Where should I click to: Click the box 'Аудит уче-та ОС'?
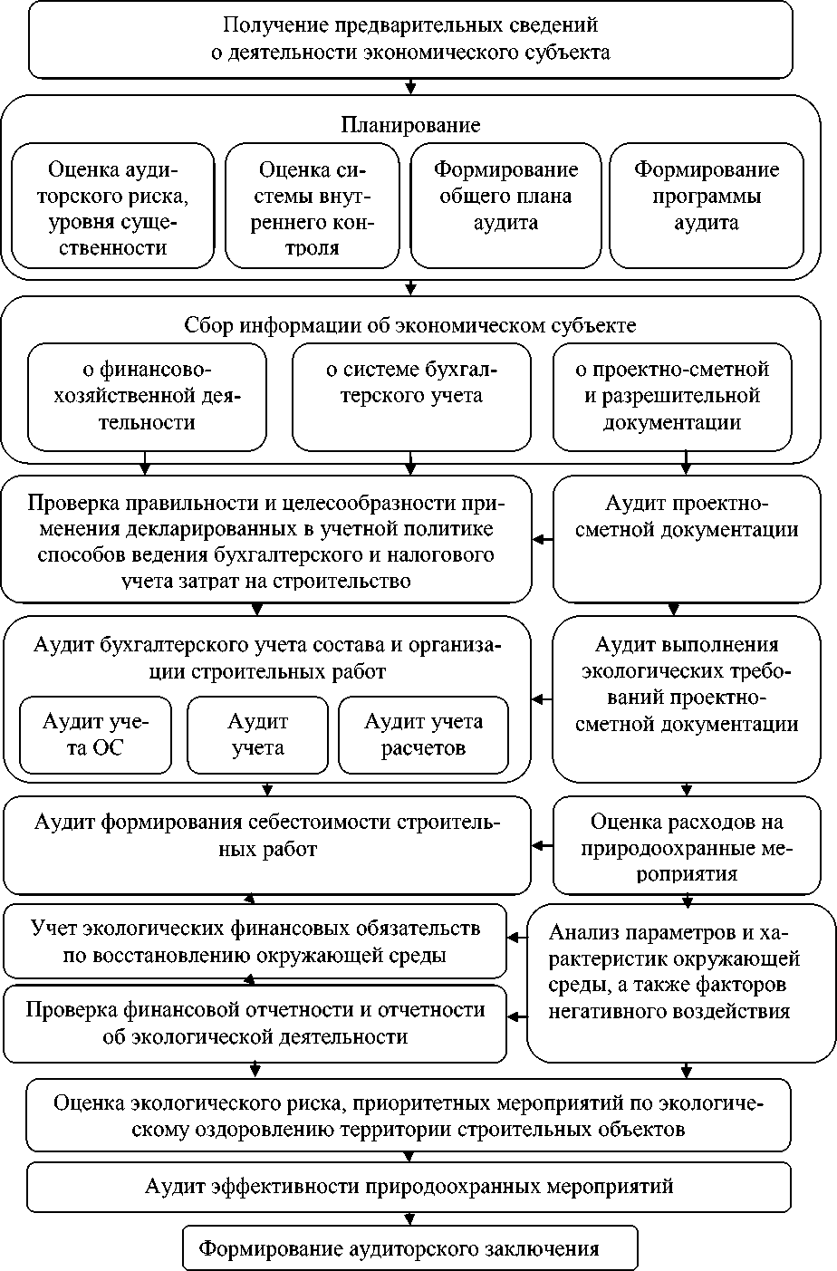(x=95, y=735)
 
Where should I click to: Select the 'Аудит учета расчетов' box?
(x=423, y=735)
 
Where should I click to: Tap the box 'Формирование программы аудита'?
(x=707, y=206)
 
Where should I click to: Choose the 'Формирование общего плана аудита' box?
(x=505, y=206)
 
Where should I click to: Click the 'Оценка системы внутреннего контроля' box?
(x=312, y=206)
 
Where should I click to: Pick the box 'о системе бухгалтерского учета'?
(x=411, y=396)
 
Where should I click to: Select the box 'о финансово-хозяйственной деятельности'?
(x=147, y=396)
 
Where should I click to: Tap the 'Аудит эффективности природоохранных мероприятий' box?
(x=409, y=1187)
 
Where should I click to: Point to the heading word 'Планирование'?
(x=410, y=125)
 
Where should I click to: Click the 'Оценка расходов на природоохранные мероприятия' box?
(x=686, y=845)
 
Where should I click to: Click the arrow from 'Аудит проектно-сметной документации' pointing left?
(x=543, y=540)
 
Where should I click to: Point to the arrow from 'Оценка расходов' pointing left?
(x=543, y=845)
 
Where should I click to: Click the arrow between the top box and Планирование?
(x=410, y=87)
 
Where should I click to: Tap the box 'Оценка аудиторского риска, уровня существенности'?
(x=112, y=206)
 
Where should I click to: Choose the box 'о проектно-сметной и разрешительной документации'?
(x=672, y=396)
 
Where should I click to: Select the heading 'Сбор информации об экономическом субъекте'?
(x=410, y=325)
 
